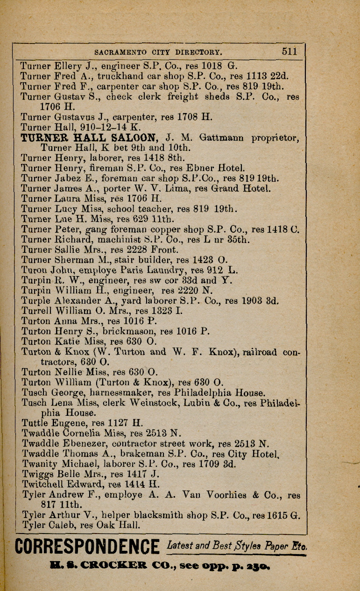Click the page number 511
(289, 51)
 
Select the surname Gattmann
(223, 138)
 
